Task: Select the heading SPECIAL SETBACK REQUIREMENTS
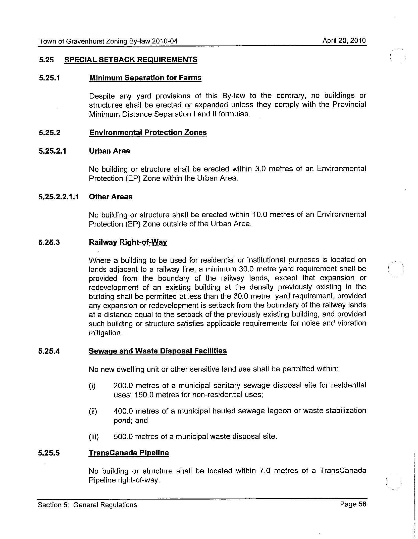tap(131, 60)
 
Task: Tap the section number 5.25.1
tap(49, 78)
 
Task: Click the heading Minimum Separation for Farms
tap(145, 78)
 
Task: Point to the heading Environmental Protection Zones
tap(148, 132)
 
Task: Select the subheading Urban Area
tap(109, 151)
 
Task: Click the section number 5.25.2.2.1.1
tap(59, 197)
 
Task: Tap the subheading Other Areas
tap(110, 197)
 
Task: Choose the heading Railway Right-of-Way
tap(128, 242)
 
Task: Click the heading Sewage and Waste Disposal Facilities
tap(158, 351)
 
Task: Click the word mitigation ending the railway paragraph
tap(105, 333)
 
